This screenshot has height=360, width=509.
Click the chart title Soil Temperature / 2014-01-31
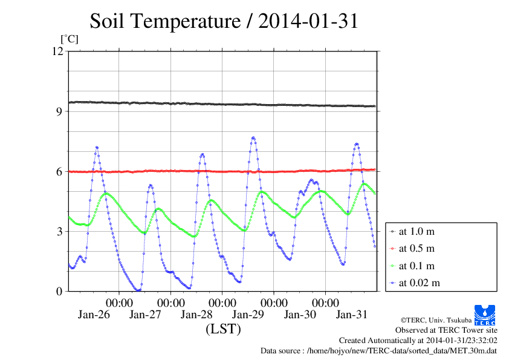point(224,21)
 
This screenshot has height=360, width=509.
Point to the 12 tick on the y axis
point(58,51)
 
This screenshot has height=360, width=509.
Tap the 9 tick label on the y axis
point(59,111)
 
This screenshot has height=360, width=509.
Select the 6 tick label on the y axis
point(59,171)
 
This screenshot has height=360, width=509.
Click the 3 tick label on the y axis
point(59,231)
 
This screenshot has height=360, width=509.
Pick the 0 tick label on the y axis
point(59,291)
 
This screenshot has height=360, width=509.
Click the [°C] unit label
point(69,39)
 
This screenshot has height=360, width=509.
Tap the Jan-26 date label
point(93,315)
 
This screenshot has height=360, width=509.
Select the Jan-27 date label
point(145,315)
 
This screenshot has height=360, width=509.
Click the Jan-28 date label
point(196,315)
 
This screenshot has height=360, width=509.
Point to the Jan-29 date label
point(248,315)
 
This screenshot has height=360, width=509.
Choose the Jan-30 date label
point(300,315)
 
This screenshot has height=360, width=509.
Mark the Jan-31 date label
point(351,315)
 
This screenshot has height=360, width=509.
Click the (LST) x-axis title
point(223,329)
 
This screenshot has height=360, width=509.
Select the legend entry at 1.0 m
point(417,231)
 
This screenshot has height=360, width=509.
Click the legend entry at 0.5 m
point(417,248)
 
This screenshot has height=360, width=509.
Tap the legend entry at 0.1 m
point(417,266)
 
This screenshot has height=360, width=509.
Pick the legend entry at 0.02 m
point(419,283)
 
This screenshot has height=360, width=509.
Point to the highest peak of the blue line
point(253,137)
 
